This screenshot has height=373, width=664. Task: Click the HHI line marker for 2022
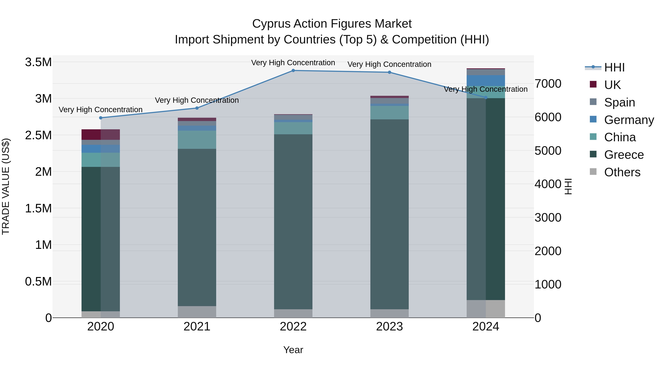tap(293, 71)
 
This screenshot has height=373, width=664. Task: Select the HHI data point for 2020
tap(101, 118)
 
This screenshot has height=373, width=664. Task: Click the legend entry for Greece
tap(624, 155)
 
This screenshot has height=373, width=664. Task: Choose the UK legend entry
tap(612, 85)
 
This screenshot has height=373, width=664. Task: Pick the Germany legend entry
tap(629, 120)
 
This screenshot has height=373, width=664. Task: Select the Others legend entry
tap(622, 172)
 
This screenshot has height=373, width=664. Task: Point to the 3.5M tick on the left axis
tap(38, 62)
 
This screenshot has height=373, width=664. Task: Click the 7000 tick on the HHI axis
tap(548, 84)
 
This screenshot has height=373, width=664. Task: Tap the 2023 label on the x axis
tap(389, 326)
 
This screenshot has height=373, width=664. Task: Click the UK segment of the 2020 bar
tap(101, 135)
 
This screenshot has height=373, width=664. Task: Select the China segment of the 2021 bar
tap(197, 140)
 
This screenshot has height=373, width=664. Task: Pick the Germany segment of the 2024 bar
tap(486, 80)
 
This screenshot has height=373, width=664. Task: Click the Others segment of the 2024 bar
tap(486, 309)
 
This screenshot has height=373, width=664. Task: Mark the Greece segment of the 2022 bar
tap(293, 221)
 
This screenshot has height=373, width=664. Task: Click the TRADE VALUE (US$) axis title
tap(6, 186)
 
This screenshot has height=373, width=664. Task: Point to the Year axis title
tap(293, 350)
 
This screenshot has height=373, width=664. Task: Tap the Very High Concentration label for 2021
tap(197, 100)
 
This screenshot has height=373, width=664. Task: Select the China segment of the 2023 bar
tap(389, 113)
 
